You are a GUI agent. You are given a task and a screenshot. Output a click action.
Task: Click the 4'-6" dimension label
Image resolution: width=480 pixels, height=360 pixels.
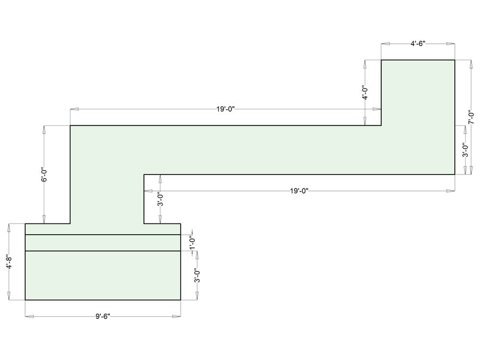pyautogui.click(x=418, y=44)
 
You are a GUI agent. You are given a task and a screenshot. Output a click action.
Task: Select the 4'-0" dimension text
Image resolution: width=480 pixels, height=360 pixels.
pyautogui.click(x=365, y=92)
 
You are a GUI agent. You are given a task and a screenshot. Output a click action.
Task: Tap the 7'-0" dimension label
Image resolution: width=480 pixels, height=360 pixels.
pyautogui.click(x=471, y=117)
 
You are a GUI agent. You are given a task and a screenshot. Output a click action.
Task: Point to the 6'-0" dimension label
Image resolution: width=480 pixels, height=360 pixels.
pyautogui.click(x=44, y=174)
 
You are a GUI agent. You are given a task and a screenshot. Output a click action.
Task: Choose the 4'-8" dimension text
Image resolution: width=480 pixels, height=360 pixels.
pyautogui.click(x=9, y=262)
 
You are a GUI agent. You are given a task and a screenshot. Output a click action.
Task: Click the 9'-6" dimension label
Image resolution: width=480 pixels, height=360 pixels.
pyautogui.click(x=102, y=316)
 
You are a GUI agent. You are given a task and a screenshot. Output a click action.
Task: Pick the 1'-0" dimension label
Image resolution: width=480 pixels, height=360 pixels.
pyautogui.click(x=192, y=243)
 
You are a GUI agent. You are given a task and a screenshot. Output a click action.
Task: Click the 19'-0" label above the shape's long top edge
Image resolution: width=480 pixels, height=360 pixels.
pyautogui.click(x=226, y=109)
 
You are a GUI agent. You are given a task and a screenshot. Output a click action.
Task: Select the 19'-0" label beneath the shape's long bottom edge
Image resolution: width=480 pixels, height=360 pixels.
pyautogui.click(x=299, y=191)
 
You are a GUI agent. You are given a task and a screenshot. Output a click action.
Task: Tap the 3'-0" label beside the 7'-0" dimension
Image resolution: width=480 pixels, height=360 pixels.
pyautogui.click(x=465, y=150)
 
